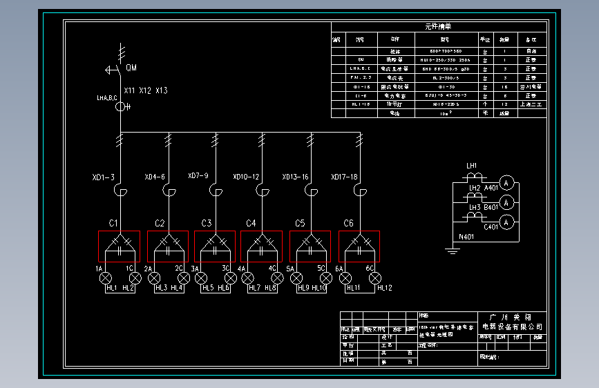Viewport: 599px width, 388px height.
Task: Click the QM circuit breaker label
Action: (131, 68)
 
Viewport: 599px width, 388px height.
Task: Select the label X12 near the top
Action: (145, 90)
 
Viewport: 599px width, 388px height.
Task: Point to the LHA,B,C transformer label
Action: (107, 98)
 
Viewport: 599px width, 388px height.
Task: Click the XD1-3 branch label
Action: (104, 177)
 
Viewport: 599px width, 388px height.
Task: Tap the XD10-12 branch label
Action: (246, 177)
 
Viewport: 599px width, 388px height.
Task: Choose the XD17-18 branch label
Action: (344, 177)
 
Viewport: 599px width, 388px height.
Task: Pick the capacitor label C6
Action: (348, 223)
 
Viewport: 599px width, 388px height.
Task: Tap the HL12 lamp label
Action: (385, 288)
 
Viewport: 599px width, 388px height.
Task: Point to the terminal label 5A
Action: (290, 268)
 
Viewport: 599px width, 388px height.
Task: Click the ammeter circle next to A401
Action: (507, 183)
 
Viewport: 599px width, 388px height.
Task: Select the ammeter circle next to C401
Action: (507, 222)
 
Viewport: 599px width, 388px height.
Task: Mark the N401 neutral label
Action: (467, 237)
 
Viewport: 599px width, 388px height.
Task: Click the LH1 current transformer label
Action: (472, 166)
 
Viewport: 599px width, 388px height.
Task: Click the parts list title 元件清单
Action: (437, 26)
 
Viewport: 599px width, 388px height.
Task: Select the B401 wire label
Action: (491, 207)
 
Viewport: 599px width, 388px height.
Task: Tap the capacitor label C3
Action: (207, 223)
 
